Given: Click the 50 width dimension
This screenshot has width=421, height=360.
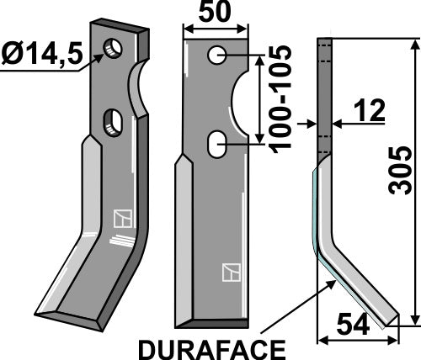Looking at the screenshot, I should (217, 14).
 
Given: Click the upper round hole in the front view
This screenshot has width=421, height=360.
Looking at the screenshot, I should (217, 56).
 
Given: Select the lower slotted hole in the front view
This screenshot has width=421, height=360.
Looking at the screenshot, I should (217, 145).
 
